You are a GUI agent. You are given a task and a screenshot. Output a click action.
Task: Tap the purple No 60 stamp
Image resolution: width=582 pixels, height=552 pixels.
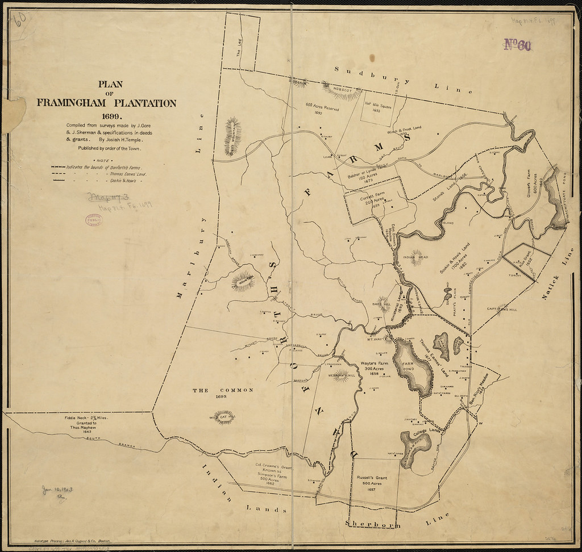tap(517, 45)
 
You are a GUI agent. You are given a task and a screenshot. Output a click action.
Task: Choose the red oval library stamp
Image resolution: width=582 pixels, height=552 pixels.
tap(93, 220)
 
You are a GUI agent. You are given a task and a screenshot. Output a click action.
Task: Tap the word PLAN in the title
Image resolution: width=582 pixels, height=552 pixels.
tap(106, 85)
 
